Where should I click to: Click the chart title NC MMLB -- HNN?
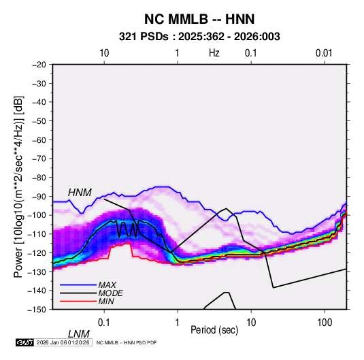pos(199,19)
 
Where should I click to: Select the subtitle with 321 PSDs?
pos(199,37)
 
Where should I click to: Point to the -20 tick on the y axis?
pos(39,65)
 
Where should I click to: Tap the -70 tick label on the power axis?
pos(39,159)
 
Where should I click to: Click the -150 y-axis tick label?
pos(37,310)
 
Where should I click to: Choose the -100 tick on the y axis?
pos(37,215)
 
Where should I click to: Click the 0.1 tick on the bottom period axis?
pos(104,322)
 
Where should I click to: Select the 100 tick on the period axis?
pos(325,322)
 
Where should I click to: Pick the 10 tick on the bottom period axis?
pos(251,322)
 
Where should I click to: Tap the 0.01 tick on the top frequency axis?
pos(324,53)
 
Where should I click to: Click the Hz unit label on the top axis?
pos(214,53)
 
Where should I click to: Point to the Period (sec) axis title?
pos(214,330)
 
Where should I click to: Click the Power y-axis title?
pos(18,186)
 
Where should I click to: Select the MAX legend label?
pos(107,285)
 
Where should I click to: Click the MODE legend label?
pos(110,293)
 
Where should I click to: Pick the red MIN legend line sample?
pos(78,301)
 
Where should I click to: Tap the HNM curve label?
pos(80,193)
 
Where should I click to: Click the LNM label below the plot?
pos(79,334)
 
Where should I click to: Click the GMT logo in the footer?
pos(24,342)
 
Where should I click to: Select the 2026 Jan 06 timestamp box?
pos(63,342)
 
